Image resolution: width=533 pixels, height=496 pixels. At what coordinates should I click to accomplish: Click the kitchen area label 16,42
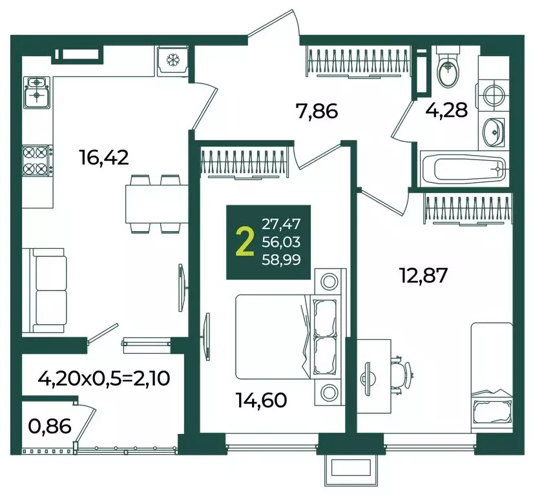[x=104, y=158]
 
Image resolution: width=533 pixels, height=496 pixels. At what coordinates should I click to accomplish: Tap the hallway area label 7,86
[x=317, y=112]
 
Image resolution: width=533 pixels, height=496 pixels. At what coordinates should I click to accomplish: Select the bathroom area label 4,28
[x=446, y=110]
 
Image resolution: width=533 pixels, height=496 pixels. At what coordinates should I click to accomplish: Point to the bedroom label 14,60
[x=262, y=400]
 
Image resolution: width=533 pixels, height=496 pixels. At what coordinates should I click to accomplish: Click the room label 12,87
[x=424, y=275]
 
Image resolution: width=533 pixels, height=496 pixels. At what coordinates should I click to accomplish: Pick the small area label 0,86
[x=50, y=426]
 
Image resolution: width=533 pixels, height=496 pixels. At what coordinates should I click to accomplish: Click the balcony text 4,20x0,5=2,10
[x=104, y=378]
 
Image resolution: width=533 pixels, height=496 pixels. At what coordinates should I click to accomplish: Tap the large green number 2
[x=245, y=242]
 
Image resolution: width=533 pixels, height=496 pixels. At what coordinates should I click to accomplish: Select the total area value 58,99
[x=281, y=260]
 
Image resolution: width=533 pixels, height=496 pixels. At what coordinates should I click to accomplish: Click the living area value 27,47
[x=281, y=224]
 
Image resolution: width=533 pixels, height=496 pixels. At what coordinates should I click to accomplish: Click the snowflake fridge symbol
[x=172, y=61]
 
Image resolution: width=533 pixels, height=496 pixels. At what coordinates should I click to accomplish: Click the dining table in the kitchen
[x=157, y=203]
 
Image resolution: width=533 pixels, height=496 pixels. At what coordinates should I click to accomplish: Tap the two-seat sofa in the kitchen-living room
[x=44, y=291]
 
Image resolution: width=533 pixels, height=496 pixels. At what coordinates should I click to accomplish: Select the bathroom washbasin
[x=493, y=132]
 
